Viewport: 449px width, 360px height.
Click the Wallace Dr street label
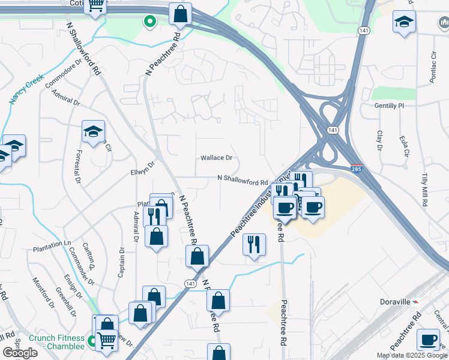(216, 158)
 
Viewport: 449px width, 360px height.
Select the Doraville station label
(394, 301)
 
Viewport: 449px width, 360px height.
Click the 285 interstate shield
(356, 170)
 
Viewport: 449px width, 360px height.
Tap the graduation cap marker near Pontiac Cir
(405, 23)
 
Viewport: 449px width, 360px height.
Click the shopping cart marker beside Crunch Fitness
(107, 340)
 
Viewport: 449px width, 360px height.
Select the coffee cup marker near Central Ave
(428, 340)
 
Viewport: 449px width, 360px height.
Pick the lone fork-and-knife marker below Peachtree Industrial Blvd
(254, 244)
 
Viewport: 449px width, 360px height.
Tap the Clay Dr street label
(379, 140)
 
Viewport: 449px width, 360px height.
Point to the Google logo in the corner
(20, 353)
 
